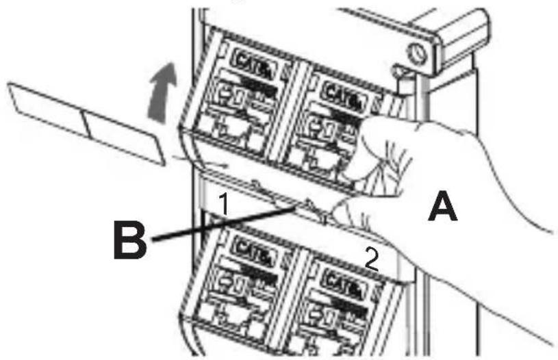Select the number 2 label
pos(370,259)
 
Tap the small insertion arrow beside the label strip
pos(205,164)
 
